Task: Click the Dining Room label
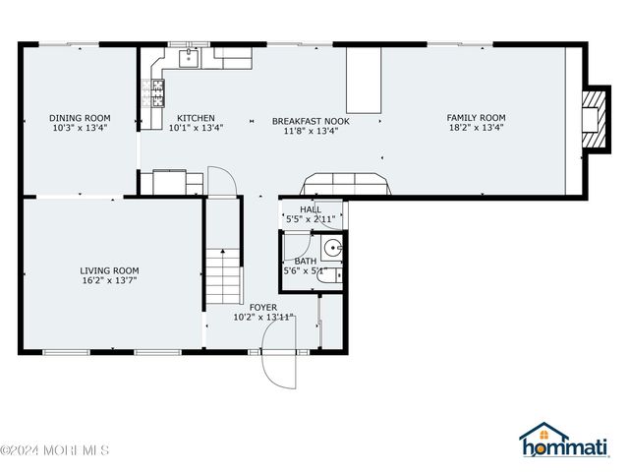click(80, 117)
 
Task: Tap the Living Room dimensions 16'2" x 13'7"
click(109, 280)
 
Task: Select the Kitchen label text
click(196, 117)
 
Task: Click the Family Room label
click(476, 117)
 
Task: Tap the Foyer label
click(262, 308)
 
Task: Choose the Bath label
click(305, 261)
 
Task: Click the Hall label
click(311, 209)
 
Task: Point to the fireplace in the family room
click(593, 114)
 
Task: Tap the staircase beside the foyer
click(224, 276)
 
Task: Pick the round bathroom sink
click(333, 247)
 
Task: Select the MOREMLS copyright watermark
click(55, 451)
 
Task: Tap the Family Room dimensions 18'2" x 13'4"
click(476, 127)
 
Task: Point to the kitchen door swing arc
click(222, 180)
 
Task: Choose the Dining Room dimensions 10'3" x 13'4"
click(80, 127)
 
